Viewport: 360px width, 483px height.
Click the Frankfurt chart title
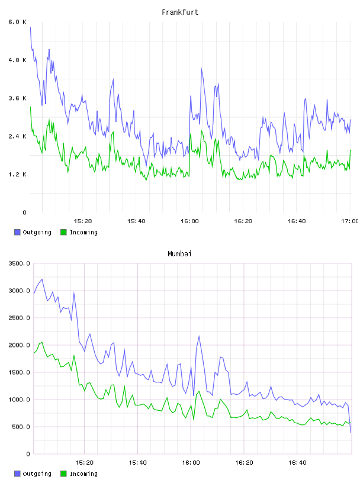180,12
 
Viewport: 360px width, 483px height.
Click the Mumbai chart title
179,254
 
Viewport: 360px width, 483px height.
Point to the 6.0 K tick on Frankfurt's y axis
17,22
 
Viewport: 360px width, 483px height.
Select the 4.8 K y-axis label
17,60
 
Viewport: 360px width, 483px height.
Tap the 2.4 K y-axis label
17,136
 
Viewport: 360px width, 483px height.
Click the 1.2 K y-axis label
17,175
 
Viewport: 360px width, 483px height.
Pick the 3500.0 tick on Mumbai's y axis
19,263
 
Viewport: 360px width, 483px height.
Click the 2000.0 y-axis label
19,345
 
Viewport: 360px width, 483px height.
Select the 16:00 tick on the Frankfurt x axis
189,221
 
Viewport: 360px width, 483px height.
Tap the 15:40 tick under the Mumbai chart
137,462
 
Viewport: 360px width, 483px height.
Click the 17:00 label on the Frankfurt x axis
350,221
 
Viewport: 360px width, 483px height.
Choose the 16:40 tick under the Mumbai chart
297,462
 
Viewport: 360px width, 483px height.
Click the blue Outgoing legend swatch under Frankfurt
17,232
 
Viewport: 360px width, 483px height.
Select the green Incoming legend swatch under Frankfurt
63,232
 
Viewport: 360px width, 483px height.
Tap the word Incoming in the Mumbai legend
83,474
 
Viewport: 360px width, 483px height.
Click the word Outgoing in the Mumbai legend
37,474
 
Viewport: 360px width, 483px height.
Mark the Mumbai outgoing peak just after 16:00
199,336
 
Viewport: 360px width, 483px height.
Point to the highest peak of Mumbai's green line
42,342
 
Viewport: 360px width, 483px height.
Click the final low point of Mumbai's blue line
351,433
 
